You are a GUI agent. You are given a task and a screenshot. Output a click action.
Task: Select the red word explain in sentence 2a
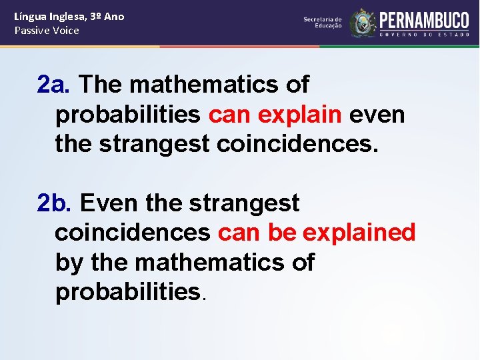(299, 115)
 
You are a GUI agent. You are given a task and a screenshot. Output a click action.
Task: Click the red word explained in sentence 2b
(359, 233)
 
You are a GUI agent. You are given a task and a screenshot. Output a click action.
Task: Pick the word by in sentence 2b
(69, 263)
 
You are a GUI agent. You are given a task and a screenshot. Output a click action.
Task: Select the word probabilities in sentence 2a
(128, 115)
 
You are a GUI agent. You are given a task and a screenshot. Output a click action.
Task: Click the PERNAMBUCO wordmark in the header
(424, 19)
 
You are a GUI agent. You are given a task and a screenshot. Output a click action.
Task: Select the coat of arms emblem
(363, 23)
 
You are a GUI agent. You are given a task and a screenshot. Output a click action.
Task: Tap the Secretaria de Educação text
(323, 23)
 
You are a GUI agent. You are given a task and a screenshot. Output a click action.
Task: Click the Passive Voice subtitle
(47, 31)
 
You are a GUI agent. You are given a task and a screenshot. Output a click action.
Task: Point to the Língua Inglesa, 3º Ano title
(69, 16)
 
